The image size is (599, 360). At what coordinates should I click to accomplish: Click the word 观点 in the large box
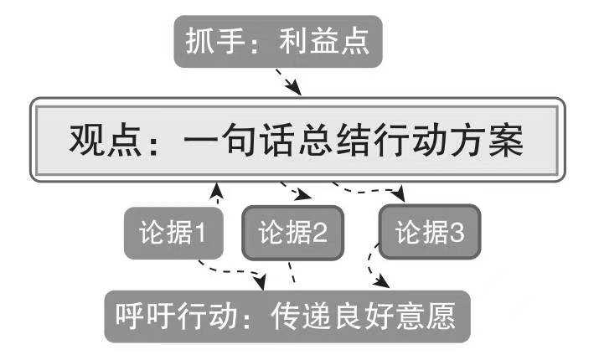click(96, 139)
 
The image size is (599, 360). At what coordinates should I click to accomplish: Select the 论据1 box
click(173, 233)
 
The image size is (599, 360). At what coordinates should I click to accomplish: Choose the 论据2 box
click(292, 233)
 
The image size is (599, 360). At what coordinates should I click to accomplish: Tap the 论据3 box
click(430, 233)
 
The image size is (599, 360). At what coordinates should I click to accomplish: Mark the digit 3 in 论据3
click(457, 233)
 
